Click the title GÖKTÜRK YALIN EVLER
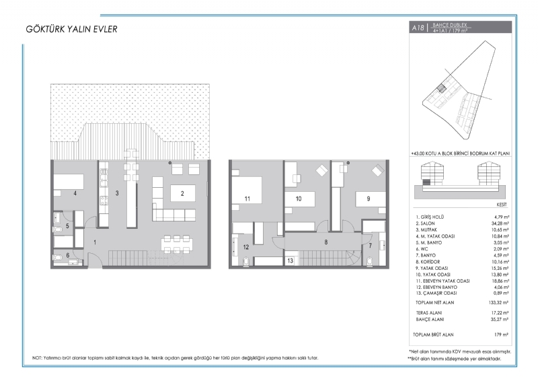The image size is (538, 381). click(71, 29)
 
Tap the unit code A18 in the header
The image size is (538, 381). click(418, 28)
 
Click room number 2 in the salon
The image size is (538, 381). click(182, 194)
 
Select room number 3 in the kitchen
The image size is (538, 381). click(117, 193)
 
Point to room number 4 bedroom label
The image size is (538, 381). click(75, 193)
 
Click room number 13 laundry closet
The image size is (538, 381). click(291, 261)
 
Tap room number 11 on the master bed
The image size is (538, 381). click(247, 199)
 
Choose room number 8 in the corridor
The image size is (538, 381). click(326, 242)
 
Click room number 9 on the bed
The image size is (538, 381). click(369, 199)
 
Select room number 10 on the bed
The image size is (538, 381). click(299, 199)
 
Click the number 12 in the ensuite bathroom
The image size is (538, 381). click(246, 247)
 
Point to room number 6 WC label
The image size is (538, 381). click(68, 255)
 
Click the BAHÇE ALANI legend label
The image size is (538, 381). click(430, 320)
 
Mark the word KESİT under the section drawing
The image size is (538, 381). click(502, 205)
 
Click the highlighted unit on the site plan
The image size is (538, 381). click(441, 88)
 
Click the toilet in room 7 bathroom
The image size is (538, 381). click(370, 261)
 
